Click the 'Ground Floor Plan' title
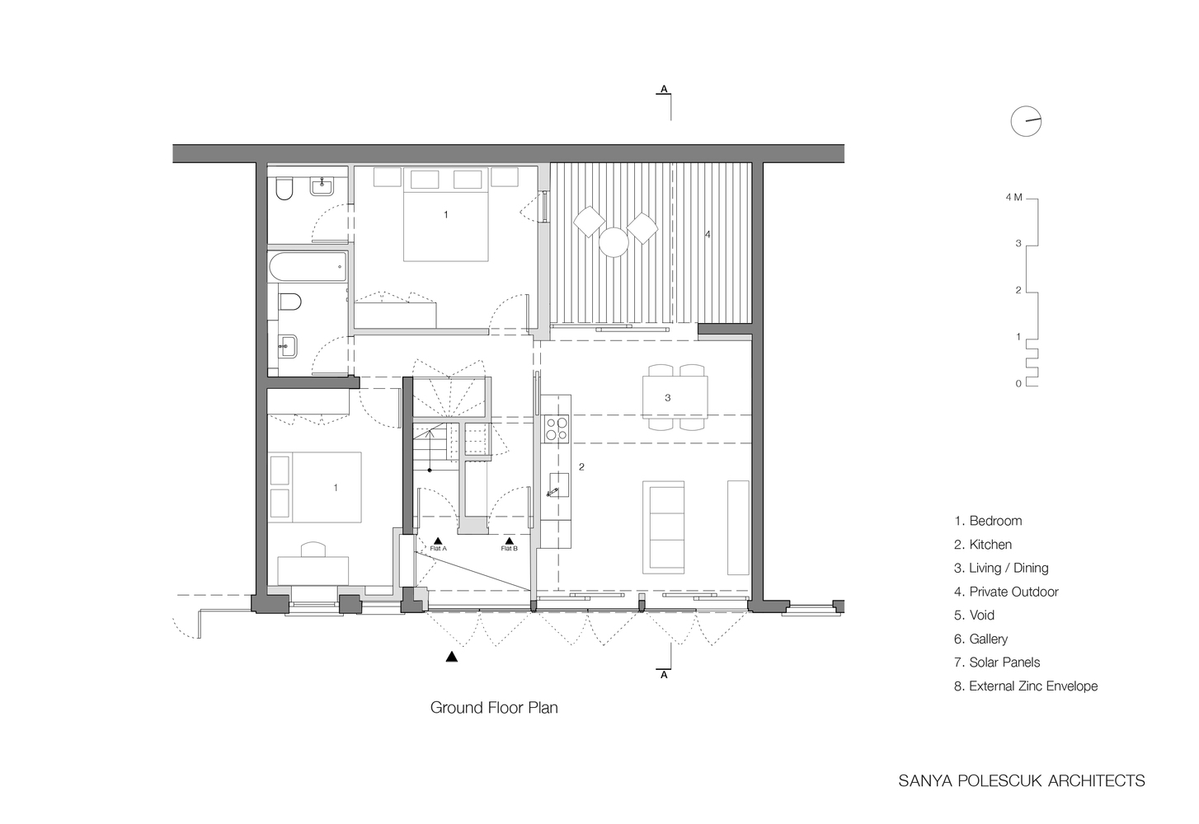(x=493, y=708)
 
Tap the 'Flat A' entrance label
(x=438, y=548)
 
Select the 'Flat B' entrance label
(x=509, y=548)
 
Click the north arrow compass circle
(x=1026, y=121)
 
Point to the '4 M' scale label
(x=1013, y=197)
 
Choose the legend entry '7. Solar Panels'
(x=997, y=662)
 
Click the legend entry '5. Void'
(x=974, y=615)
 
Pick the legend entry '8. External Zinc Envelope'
(x=1026, y=686)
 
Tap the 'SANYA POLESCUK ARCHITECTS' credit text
(x=1021, y=780)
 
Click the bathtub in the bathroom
(x=308, y=267)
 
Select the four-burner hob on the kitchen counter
(x=556, y=428)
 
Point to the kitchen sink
(x=558, y=485)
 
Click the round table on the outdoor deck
(x=614, y=243)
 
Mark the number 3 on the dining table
(x=667, y=398)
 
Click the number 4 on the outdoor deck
(x=708, y=234)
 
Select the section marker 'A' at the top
(x=664, y=89)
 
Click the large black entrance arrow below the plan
(x=452, y=657)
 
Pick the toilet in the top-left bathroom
(x=284, y=188)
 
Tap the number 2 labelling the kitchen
(x=581, y=467)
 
